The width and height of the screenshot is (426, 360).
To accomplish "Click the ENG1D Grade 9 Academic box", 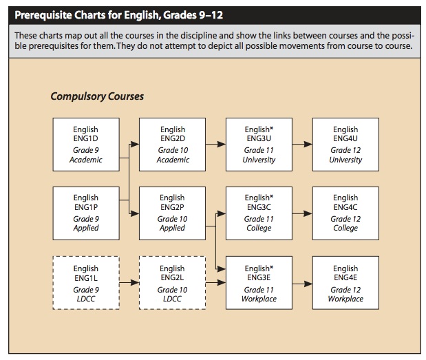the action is pos(86,145).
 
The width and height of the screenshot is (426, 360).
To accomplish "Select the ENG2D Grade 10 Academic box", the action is pos(172,145).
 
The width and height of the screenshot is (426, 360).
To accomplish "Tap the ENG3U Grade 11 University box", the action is pos(259,145).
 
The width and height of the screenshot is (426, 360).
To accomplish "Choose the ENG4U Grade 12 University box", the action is pos(345,145).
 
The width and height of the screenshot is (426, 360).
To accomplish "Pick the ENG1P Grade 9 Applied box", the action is pos(86,213).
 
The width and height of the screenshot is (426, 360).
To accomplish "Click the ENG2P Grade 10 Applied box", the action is pos(172,213).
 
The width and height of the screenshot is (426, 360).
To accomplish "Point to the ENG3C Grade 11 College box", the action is pos(259,213).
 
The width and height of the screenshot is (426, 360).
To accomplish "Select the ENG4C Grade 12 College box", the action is pos(345,213).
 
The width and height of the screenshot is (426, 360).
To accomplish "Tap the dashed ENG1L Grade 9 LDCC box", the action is pos(86,283).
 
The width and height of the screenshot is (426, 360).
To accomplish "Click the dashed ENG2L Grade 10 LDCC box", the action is pos(172,283).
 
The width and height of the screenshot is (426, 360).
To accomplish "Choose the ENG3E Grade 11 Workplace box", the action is pos(259,283).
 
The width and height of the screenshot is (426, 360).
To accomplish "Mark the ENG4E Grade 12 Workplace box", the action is pos(345,283).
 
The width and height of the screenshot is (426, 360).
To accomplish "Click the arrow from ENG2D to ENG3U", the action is pos(215,145).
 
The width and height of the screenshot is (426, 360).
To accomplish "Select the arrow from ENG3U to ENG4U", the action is pos(302,145).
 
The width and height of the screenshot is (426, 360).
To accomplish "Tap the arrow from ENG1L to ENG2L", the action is pos(129,283).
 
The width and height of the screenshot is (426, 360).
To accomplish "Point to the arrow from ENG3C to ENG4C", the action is pos(302,214).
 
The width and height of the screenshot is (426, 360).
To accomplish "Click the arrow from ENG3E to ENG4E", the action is pos(302,284).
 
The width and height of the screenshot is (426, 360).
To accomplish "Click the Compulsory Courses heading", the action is pos(97,96).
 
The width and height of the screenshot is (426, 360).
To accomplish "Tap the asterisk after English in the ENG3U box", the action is pos(271,128).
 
